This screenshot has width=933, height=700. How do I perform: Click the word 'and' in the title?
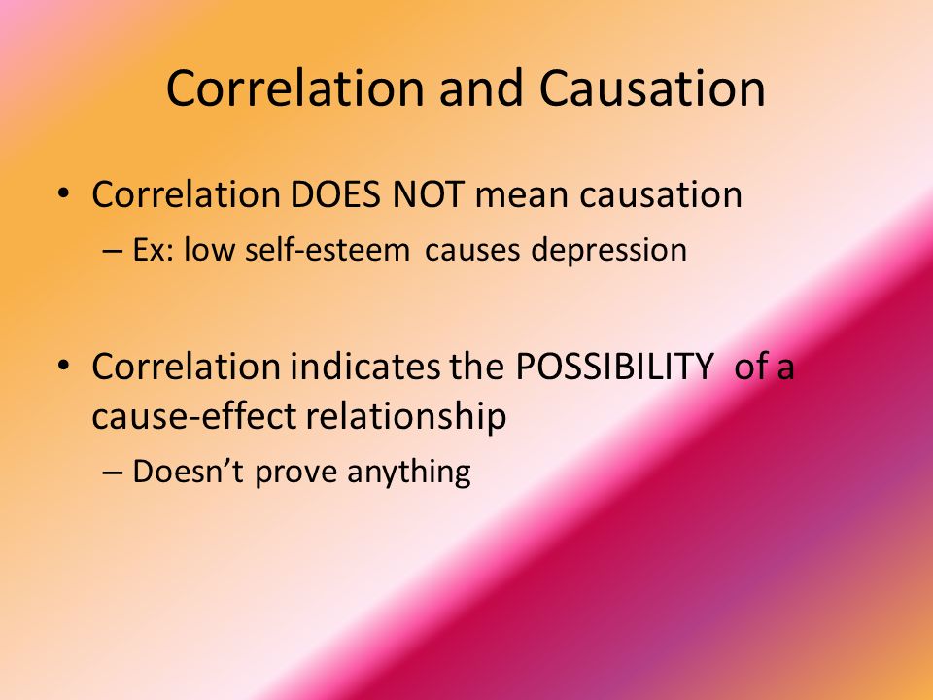[x=481, y=88]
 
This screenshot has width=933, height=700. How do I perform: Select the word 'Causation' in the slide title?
[x=652, y=88]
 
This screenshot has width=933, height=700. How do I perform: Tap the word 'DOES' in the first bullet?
[x=335, y=194]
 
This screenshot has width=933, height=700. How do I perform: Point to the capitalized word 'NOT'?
[x=428, y=194]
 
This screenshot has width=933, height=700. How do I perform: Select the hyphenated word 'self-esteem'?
[x=328, y=249]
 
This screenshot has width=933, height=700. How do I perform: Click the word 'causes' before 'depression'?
[x=472, y=251]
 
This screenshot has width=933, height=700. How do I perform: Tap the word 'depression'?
[x=609, y=251]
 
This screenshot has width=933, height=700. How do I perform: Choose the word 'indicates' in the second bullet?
[x=364, y=367]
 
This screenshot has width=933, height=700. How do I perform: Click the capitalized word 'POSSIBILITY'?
[x=613, y=367]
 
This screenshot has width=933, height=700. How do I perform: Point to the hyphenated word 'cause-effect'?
[x=194, y=415]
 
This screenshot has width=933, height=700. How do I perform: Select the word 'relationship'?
[x=406, y=416]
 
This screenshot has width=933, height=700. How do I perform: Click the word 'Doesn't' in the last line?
[x=188, y=472]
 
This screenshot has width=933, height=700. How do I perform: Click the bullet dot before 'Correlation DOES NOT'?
[x=63, y=194]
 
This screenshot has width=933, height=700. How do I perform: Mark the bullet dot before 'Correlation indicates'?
[x=63, y=366]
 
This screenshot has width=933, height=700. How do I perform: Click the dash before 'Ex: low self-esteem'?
[x=112, y=251]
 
